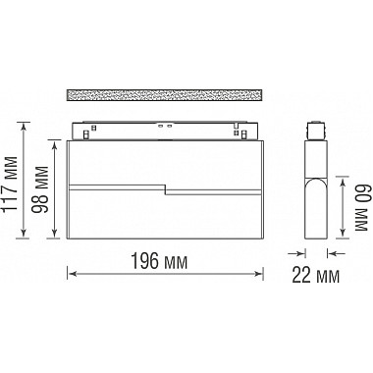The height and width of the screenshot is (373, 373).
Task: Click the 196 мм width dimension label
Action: coord(159,261)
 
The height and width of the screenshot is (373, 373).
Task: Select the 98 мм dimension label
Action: coord(40,189)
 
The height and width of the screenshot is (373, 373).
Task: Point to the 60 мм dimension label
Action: coord(360,208)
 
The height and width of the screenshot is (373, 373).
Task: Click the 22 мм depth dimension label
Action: coord(315,275)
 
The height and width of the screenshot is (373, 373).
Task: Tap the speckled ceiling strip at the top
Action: coord(165,94)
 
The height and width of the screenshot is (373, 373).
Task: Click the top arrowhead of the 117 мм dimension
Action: coord(23,126)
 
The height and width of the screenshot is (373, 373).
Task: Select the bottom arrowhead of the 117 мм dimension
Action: coord(23,233)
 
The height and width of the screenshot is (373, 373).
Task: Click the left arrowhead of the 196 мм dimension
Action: coord(72,274)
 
